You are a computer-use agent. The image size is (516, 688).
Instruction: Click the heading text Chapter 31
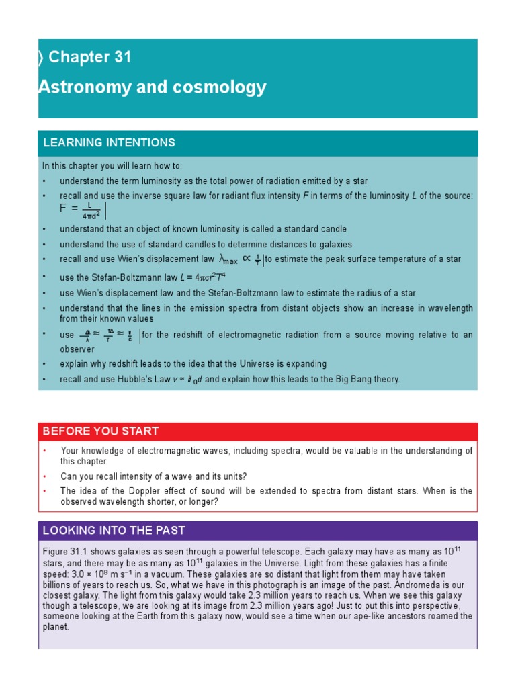click(89, 58)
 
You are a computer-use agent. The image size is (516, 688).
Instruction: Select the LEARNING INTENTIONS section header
click(109, 142)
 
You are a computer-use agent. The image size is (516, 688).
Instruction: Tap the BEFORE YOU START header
click(101, 431)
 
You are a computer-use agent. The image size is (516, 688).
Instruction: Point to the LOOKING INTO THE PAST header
click(114, 531)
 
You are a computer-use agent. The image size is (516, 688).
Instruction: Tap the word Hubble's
click(142, 379)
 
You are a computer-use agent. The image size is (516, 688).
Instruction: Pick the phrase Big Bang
click(346, 379)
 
